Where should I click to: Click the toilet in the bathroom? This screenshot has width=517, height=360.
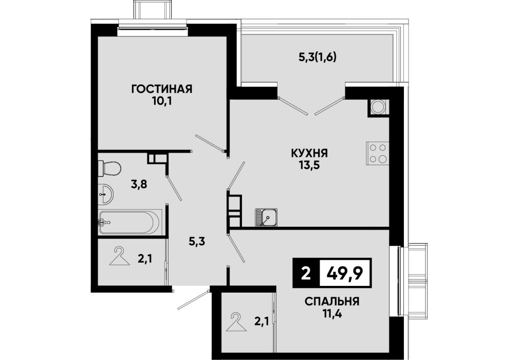109,168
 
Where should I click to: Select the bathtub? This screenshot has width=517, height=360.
130,222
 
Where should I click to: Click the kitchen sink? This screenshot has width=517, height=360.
266,218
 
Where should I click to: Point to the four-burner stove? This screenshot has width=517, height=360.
378,153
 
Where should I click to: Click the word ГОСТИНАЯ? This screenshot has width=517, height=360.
161,89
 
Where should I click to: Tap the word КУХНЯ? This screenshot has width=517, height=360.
309,153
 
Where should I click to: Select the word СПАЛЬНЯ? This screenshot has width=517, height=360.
332,301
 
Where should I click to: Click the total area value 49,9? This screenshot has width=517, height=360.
345,273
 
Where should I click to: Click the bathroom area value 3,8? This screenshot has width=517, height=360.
139,184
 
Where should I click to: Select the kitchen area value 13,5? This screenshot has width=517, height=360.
309,165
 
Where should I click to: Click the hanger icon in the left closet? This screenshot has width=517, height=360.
119,257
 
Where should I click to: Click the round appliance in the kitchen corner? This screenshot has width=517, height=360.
378,106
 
